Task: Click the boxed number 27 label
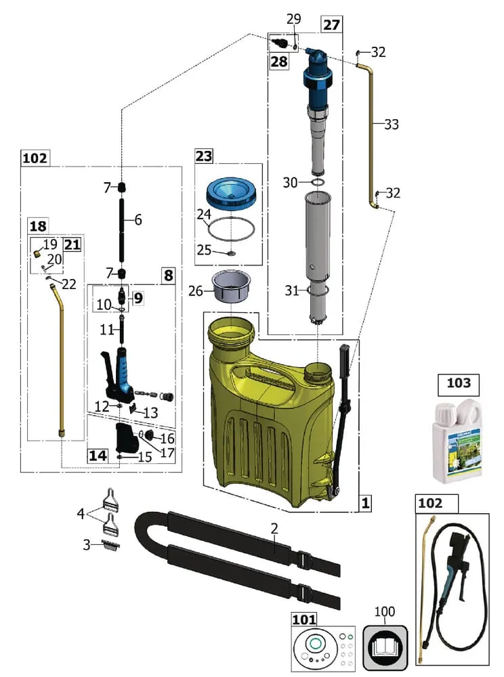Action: [x=331, y=25]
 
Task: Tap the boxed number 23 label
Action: [x=204, y=156]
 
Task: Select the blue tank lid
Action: [x=232, y=192]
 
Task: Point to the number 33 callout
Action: [x=391, y=125]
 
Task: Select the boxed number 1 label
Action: [x=365, y=504]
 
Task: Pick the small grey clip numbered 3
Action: [x=111, y=546]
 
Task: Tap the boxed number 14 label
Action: [x=98, y=455]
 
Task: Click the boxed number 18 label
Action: [x=37, y=225]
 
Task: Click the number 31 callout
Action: [x=291, y=291]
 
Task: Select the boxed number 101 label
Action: [x=304, y=619]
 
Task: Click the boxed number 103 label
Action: [x=459, y=384]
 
